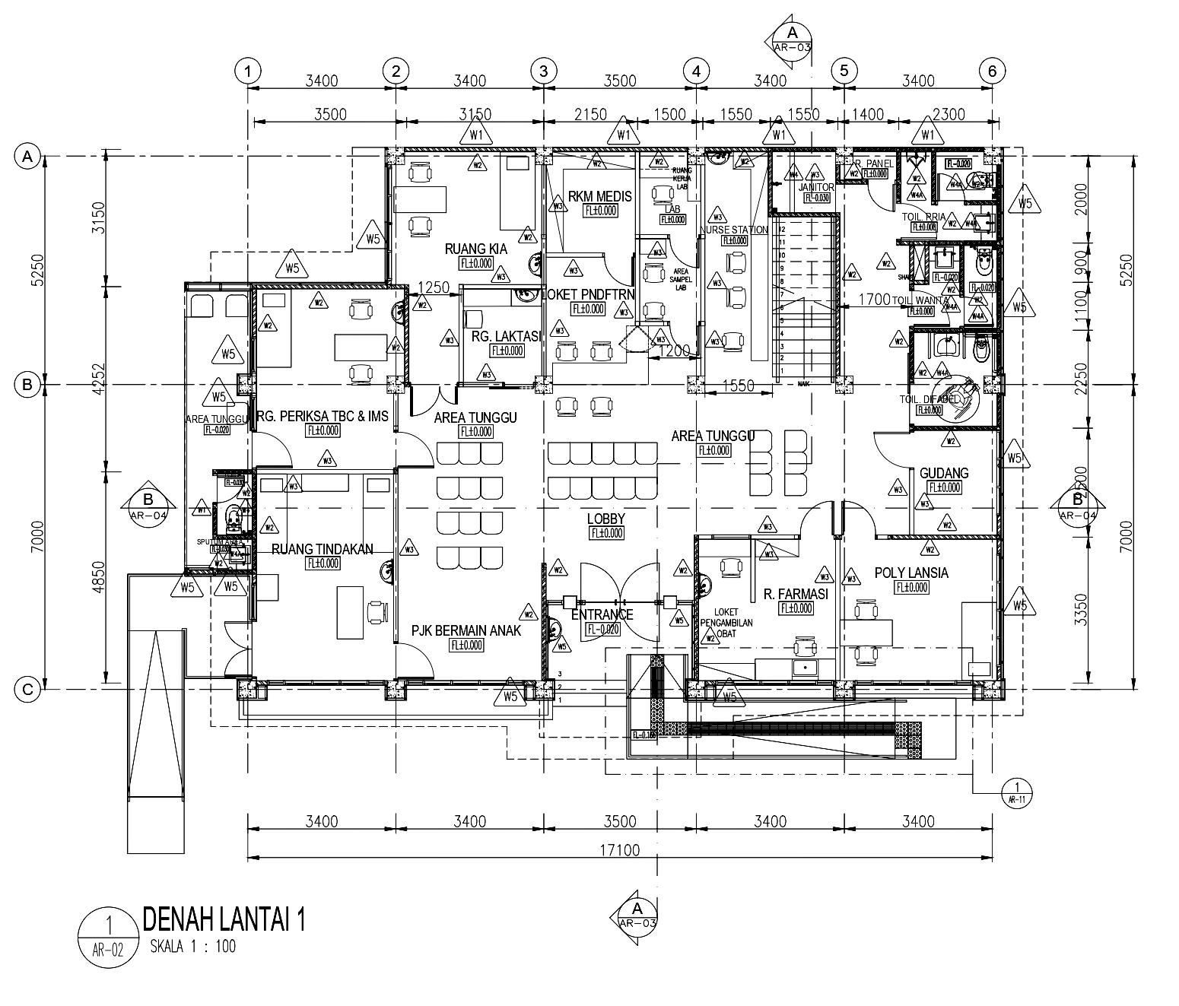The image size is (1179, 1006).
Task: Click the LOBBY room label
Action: click(605, 519)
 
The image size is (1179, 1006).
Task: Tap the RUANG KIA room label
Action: click(475, 249)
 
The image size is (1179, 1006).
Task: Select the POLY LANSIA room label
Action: click(910, 573)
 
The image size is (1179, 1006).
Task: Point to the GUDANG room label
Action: click(944, 473)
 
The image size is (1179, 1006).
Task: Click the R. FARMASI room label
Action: click(796, 594)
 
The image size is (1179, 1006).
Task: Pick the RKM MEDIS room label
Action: click(599, 196)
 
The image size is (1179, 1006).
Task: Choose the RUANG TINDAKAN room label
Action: click(323, 549)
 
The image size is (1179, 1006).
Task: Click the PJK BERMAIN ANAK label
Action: click(466, 630)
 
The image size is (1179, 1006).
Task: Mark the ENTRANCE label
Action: click(602, 614)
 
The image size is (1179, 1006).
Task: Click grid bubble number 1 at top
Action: click(247, 71)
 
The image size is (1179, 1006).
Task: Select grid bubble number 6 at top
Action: click(991, 71)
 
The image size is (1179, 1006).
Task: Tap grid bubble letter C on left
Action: click(27, 690)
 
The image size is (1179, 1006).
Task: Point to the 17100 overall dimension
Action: click(620, 849)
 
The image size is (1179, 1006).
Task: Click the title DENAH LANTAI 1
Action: click(224, 919)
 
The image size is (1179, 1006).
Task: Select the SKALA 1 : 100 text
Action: click(192, 947)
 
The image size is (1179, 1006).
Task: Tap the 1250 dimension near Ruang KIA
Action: click(434, 288)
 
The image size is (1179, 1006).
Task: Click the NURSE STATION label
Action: click(734, 229)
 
